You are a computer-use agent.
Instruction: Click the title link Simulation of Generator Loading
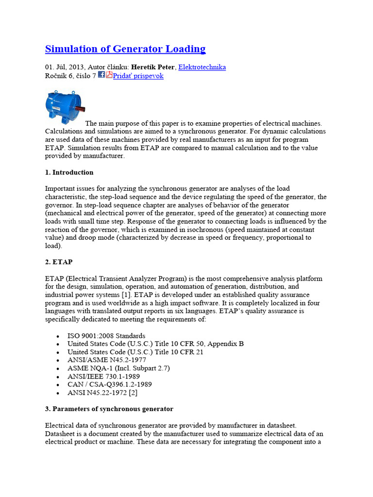(125, 49)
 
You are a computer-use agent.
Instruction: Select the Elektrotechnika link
(202, 67)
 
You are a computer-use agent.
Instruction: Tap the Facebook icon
(102, 75)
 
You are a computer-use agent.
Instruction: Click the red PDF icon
(109, 75)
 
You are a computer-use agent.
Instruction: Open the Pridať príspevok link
(138, 76)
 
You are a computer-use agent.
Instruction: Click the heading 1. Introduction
(69, 172)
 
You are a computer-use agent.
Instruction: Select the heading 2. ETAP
(59, 262)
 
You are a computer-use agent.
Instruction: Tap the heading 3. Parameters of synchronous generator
(109, 409)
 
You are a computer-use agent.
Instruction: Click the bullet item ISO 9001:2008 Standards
(106, 336)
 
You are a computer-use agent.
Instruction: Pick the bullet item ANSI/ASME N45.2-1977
(107, 360)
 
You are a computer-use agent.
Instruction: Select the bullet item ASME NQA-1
(119, 368)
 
